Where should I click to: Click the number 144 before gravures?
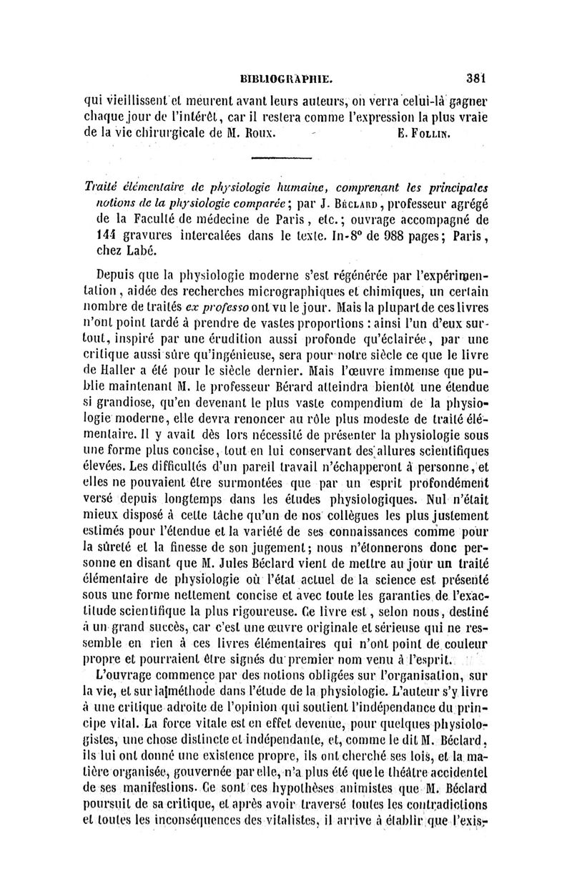point(107,237)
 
